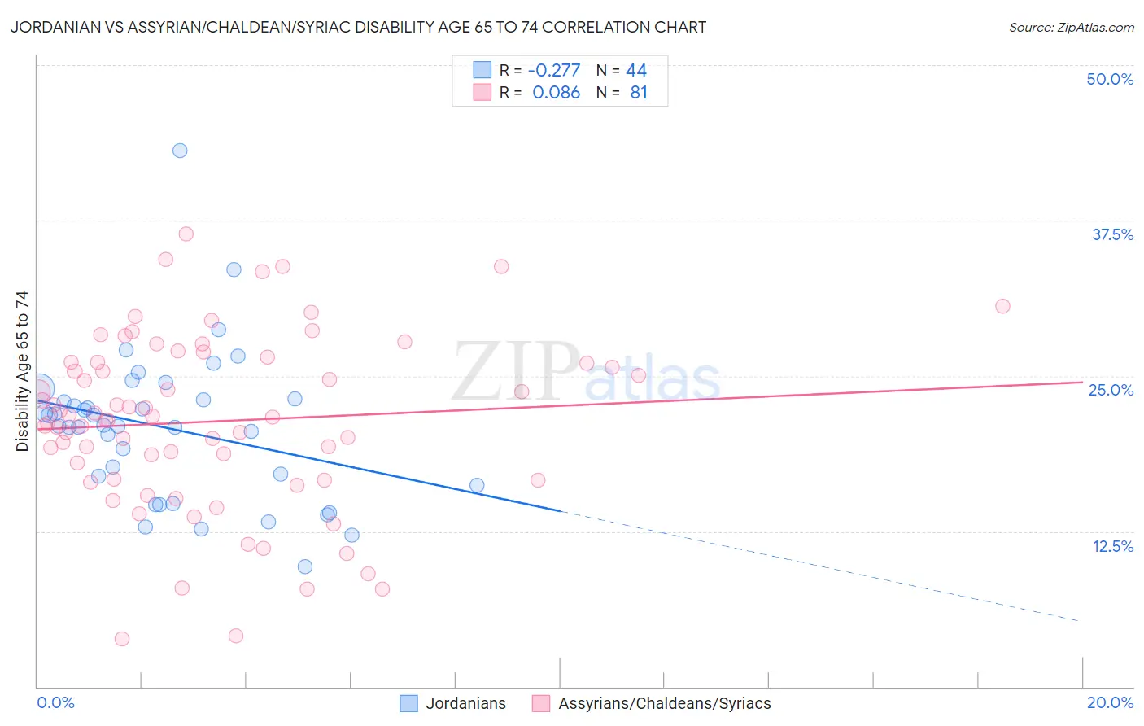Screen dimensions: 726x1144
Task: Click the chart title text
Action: [358, 27]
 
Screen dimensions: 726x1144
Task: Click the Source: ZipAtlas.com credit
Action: [1071, 27]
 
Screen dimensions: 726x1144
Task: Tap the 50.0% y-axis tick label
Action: [1110, 79]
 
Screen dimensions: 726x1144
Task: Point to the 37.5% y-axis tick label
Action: [1112, 234]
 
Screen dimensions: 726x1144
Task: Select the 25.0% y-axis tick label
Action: [1111, 390]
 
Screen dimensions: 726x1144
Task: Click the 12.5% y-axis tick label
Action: [1112, 546]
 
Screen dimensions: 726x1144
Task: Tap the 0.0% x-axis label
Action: [55, 702]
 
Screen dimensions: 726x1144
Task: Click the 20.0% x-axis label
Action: [1110, 702]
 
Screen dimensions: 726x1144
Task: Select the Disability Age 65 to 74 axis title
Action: [22, 371]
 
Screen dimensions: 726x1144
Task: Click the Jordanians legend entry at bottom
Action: [453, 704]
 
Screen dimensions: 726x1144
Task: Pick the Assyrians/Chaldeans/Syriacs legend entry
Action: [652, 704]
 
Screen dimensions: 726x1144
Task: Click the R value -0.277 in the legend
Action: [554, 71]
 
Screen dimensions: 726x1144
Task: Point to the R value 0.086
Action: [557, 93]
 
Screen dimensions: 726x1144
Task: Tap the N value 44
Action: [636, 71]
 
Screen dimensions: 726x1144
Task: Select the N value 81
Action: [639, 93]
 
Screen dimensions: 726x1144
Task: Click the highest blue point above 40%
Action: [180, 151]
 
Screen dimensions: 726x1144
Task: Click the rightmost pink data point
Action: [1002, 306]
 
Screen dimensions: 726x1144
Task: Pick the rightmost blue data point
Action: [477, 486]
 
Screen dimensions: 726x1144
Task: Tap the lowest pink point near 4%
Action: [122, 639]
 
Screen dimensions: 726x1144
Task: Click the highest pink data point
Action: [186, 234]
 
